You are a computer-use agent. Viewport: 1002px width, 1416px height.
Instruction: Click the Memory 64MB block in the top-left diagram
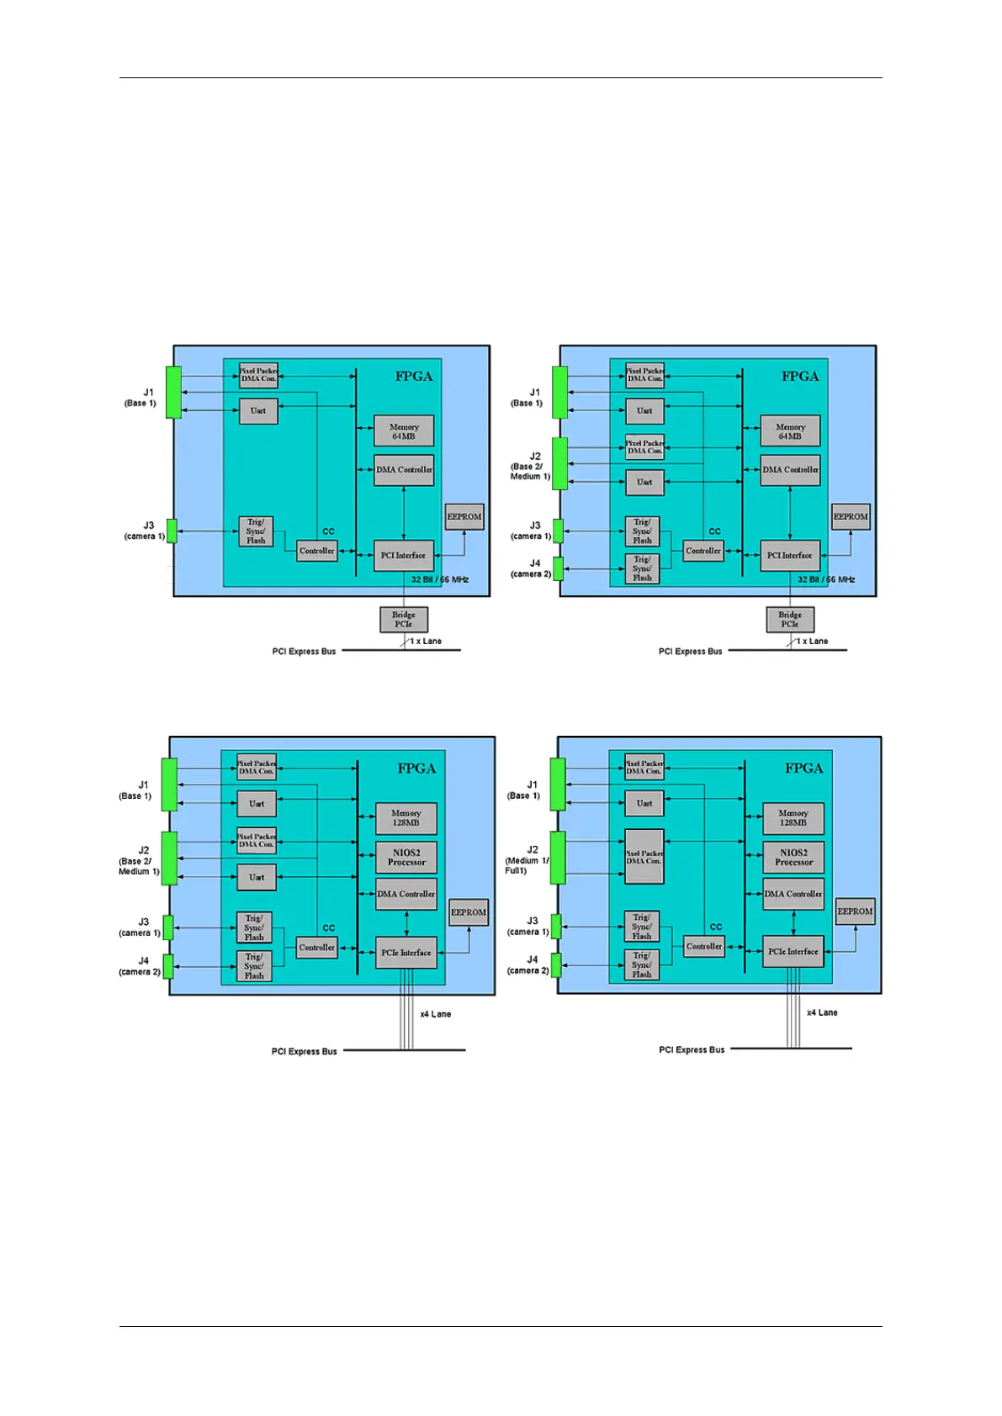click(404, 431)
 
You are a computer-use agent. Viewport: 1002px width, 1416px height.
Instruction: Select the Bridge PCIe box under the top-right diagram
click(790, 620)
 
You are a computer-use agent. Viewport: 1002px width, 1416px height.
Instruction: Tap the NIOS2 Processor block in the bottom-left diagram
click(406, 858)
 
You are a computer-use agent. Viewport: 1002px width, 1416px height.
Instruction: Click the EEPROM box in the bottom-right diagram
click(855, 911)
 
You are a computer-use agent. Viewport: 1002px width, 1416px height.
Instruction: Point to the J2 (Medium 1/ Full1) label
click(527, 860)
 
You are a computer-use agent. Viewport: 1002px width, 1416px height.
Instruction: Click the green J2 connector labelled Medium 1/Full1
click(558, 858)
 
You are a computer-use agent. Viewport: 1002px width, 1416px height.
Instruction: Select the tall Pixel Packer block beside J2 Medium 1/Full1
click(644, 857)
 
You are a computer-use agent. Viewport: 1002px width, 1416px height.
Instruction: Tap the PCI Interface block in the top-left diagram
click(404, 555)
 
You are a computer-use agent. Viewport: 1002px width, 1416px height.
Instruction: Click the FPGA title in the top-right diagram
click(800, 376)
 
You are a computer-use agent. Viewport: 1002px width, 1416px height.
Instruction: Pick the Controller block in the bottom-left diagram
click(317, 948)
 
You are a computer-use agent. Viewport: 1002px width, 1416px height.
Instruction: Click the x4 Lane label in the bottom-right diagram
click(822, 1012)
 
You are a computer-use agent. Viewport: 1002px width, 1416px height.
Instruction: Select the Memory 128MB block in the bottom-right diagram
click(793, 817)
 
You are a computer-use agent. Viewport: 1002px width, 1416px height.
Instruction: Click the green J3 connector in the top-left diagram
click(172, 531)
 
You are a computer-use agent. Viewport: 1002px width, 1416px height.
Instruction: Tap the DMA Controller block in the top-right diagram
click(790, 470)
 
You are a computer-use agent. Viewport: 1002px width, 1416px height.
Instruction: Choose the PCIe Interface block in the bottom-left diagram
click(406, 953)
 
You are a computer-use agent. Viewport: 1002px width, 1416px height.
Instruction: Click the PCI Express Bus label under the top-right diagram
click(690, 652)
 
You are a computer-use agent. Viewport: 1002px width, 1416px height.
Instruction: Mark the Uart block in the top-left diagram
click(258, 411)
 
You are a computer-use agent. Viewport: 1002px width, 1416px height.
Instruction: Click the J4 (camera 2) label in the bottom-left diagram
click(140, 966)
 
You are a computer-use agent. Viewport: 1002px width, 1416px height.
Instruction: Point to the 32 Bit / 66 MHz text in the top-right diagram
click(826, 579)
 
